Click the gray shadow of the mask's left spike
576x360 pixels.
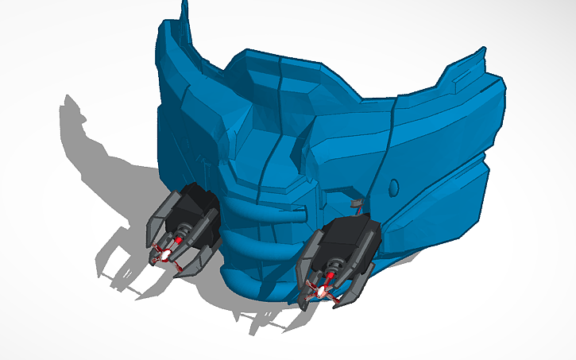pyautogui.click(x=75, y=111)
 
